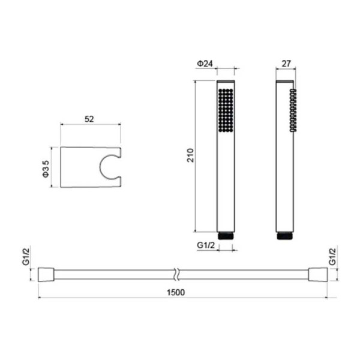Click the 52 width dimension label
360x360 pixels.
[x=89, y=119]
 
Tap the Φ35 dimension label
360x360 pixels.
[x=46, y=169]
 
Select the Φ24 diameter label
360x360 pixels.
[x=205, y=64]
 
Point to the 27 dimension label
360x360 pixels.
[x=286, y=64]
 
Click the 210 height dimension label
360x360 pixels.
[x=190, y=155]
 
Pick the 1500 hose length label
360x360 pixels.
[x=176, y=293]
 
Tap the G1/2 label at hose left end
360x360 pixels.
[x=26, y=257]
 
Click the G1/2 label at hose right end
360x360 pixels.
[x=332, y=257]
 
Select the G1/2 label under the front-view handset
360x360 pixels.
[x=206, y=245]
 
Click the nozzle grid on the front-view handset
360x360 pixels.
[x=226, y=110]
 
